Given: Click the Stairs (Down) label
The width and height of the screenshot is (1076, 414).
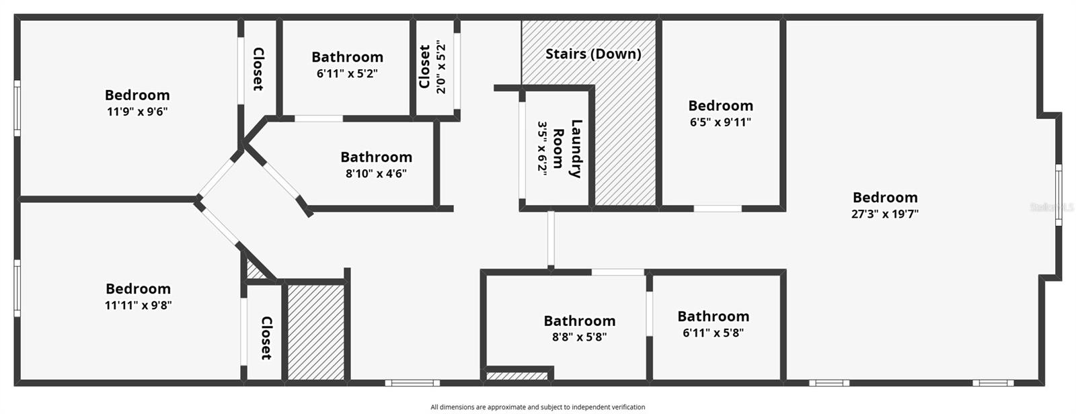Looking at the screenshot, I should (x=592, y=54).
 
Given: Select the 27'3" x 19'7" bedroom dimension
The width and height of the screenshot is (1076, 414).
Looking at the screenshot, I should (x=884, y=214).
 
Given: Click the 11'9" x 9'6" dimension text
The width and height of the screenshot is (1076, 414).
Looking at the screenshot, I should (x=137, y=112).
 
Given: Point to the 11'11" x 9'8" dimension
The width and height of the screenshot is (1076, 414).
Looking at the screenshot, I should (x=138, y=305).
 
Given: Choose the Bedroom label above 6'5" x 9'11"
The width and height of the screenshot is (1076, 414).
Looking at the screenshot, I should (x=720, y=106).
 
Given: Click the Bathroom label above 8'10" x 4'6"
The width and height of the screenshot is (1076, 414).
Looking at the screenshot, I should (x=376, y=157).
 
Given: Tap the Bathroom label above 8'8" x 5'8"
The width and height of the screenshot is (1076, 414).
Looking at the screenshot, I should (x=579, y=321).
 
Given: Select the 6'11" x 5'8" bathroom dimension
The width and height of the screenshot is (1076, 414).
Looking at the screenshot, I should (x=713, y=333).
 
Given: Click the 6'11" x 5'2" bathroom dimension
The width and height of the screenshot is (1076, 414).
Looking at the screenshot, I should (x=347, y=73).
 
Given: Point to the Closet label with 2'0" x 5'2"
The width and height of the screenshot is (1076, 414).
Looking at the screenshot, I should (x=425, y=67).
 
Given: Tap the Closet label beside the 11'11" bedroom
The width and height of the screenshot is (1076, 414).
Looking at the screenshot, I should (x=266, y=338).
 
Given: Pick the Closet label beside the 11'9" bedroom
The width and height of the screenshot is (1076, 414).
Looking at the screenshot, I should (x=258, y=69).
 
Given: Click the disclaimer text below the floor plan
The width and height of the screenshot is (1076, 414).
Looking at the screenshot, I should (x=537, y=407).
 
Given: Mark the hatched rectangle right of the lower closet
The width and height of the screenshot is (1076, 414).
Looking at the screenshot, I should (x=316, y=332).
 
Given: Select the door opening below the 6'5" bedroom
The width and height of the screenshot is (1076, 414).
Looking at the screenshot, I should (x=717, y=208).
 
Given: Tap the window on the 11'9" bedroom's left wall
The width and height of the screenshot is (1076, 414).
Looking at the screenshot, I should (x=17, y=108).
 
